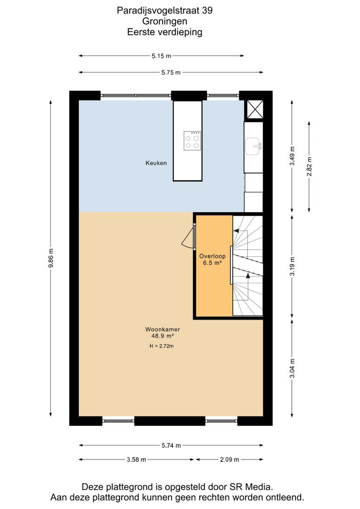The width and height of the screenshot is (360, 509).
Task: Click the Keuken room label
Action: pos(156,163)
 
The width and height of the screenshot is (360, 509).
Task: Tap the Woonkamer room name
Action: pos(163,329)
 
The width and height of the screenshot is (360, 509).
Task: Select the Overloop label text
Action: pos(213,256)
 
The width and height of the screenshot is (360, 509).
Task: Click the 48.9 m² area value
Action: pos(163,336)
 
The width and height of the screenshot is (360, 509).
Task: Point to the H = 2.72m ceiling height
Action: pos(162,346)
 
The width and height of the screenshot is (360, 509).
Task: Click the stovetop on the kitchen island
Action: pos(192,140)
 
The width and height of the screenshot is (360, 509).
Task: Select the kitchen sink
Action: pos(254,147)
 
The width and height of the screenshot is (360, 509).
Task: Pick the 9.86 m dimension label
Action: pos(50,258)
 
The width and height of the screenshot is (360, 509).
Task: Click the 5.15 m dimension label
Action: pos(161,56)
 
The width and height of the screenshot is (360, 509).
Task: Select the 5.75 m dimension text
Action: pos(171,73)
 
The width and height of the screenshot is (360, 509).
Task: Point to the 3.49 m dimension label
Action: pos(293,156)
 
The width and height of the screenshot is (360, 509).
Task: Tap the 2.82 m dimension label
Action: pos(309,166)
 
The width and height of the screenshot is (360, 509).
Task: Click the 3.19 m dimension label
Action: pos(293,266)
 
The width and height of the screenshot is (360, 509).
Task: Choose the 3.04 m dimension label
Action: pos(293,368)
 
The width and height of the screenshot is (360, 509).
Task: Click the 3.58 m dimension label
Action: pos(136,460)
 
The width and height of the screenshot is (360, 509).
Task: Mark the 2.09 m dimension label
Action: pos(229,460)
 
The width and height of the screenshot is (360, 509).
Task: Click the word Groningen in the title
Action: pos(164,21)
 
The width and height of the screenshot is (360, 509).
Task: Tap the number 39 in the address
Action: pos(207,10)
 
